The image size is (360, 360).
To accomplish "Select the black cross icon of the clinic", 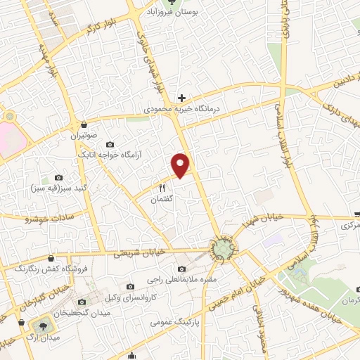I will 182,98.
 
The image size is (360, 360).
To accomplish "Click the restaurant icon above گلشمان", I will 162,188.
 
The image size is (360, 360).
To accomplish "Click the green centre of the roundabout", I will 222,248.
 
